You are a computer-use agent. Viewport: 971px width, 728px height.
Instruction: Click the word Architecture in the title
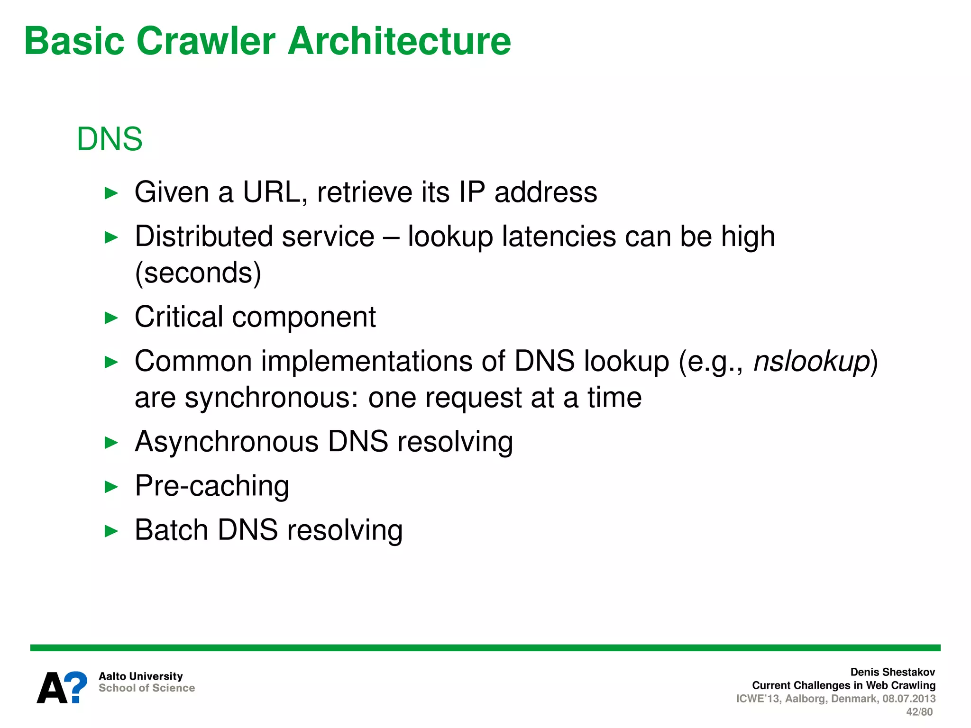[x=399, y=41]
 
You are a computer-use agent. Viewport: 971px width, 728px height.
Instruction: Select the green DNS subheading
[x=110, y=139]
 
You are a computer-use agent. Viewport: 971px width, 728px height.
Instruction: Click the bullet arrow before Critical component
[x=111, y=318]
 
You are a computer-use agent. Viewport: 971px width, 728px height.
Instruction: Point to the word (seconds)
[x=198, y=273]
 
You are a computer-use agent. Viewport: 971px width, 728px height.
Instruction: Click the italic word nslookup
[x=812, y=362]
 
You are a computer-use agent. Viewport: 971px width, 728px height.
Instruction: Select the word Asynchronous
[x=227, y=442]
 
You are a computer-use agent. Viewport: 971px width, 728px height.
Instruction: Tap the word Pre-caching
[x=212, y=486]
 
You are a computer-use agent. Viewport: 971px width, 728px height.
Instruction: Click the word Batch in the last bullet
[x=171, y=530]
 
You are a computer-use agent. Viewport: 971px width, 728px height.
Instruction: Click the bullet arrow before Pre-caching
[x=111, y=487]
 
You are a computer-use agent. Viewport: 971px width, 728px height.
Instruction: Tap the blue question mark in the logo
[x=76, y=687]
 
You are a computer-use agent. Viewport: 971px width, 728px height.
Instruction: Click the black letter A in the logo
[x=52, y=689]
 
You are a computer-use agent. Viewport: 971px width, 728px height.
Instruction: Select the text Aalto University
[x=140, y=676]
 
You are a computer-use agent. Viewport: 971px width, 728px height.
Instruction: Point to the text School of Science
[x=147, y=688]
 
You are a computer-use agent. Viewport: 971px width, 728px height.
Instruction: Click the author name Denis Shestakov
[x=892, y=672]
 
